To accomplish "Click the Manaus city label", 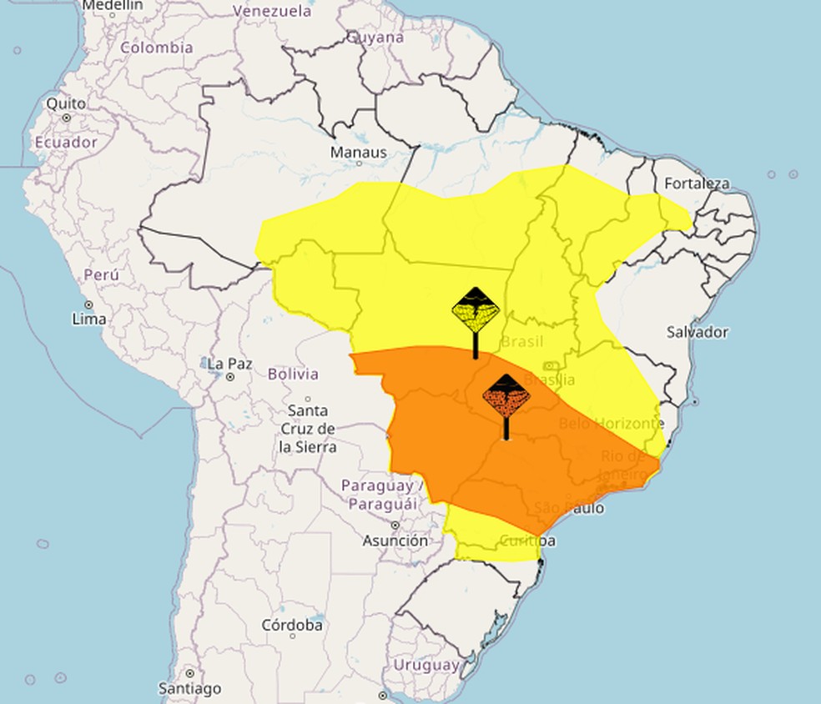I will tap(359, 152).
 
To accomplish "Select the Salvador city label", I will tap(697, 332).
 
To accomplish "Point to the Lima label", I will tap(89, 319).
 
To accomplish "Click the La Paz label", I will tap(229, 364).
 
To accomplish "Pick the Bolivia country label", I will tap(293, 374).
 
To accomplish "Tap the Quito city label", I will tap(66, 104).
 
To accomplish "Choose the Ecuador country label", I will tap(66, 142).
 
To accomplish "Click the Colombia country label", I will tap(156, 48).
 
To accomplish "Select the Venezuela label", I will tap(272, 12).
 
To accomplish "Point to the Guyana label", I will tap(375, 38).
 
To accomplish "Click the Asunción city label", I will tap(395, 541).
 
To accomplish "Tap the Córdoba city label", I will tap(292, 624).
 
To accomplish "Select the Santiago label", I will tap(190, 688).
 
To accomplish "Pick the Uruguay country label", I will tap(426, 665).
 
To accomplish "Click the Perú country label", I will tap(101, 274).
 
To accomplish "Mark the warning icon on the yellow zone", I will tap(476, 311).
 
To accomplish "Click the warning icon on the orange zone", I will tap(506, 398).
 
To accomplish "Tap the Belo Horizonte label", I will tap(612, 424).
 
